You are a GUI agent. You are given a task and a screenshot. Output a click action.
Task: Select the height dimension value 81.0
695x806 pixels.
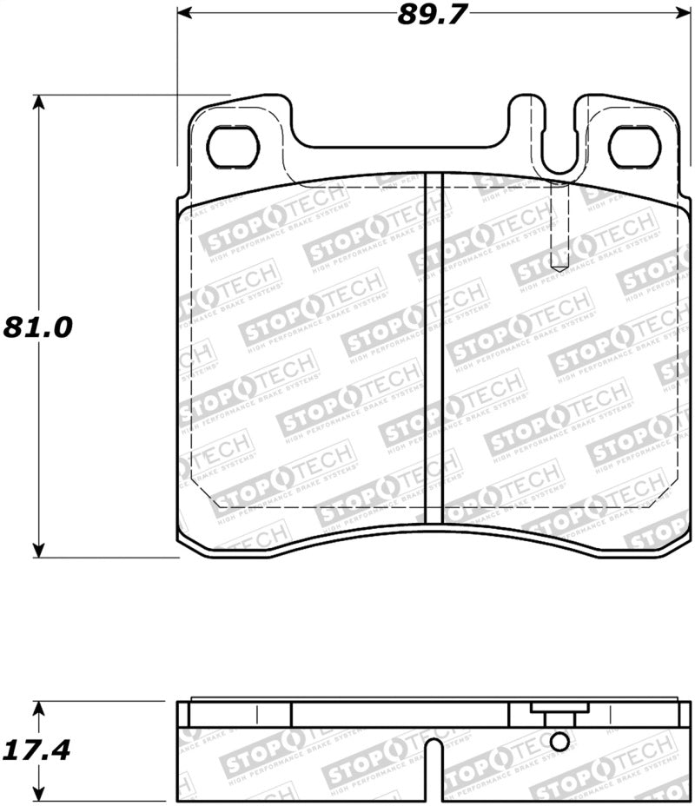click(x=37, y=327)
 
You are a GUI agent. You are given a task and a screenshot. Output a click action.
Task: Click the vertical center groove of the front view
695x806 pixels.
click(x=434, y=347)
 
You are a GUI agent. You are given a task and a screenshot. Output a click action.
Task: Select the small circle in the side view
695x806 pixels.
click(x=560, y=740)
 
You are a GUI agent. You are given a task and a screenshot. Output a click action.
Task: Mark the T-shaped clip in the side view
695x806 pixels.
click(x=554, y=717)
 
